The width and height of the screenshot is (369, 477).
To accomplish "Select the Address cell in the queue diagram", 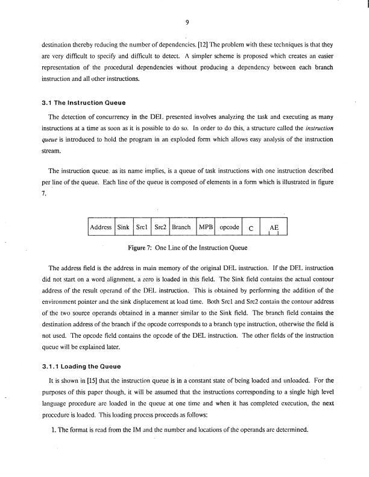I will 101,228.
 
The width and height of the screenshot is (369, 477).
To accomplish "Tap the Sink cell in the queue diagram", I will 123,228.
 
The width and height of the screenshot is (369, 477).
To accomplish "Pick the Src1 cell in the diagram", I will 142,228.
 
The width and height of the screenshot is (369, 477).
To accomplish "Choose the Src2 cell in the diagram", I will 160,228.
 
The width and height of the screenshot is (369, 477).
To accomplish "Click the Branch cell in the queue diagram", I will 182,228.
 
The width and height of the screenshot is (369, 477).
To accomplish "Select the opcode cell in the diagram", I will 229,228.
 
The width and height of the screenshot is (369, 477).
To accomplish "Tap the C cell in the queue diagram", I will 251,229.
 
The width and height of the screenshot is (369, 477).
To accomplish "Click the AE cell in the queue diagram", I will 274,229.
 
